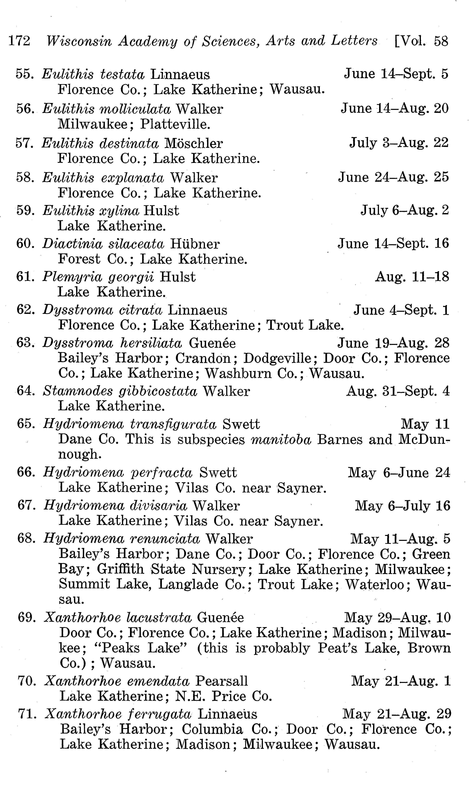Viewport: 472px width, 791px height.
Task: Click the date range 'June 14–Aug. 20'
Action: click(394, 109)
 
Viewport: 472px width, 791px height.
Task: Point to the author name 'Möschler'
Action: click(193, 143)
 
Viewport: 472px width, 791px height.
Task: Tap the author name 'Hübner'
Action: click(195, 244)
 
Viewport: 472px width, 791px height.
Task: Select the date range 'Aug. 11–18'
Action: click(412, 277)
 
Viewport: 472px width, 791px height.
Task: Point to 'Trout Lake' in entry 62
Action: click(305, 325)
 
